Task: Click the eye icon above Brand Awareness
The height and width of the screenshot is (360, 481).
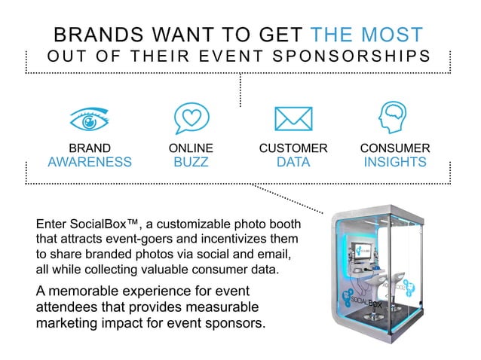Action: (x=90, y=119)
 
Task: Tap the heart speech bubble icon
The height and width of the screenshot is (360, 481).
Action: (x=191, y=118)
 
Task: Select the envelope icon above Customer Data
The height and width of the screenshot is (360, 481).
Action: (x=293, y=119)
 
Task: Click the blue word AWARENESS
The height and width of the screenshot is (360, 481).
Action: (x=90, y=162)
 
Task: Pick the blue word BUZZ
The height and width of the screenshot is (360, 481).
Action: (x=191, y=162)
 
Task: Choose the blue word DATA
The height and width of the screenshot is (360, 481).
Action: (x=293, y=162)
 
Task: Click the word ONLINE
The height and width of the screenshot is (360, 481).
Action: (x=191, y=148)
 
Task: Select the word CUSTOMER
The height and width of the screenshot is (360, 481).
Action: (x=293, y=148)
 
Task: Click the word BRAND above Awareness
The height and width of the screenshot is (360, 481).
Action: (x=90, y=148)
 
